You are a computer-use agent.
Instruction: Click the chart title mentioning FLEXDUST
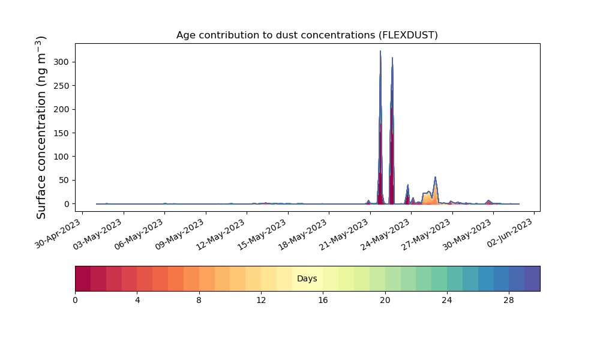(307, 35)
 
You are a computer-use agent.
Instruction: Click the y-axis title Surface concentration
(41, 127)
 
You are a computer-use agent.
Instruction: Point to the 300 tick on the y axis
(62, 62)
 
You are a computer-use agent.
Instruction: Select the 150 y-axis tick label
(62, 133)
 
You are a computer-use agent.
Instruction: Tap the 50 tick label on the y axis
(65, 180)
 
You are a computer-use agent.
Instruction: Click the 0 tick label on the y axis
(67, 204)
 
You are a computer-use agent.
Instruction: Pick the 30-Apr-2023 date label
(58, 234)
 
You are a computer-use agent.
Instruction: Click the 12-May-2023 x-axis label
(221, 235)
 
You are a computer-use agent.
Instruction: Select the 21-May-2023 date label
(344, 235)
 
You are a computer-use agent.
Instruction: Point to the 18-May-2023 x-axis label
(302, 235)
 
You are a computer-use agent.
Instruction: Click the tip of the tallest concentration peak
(380, 51)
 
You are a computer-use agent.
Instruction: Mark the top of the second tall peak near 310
(392, 58)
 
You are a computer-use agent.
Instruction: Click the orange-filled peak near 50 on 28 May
(435, 178)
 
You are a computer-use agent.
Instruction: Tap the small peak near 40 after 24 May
(408, 185)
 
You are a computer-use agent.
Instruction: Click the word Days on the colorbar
(307, 278)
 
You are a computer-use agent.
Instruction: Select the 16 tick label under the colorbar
(323, 301)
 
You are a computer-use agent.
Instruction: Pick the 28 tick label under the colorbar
(509, 301)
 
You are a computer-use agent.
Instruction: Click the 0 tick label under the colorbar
(75, 301)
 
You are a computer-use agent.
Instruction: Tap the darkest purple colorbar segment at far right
(532, 278)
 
